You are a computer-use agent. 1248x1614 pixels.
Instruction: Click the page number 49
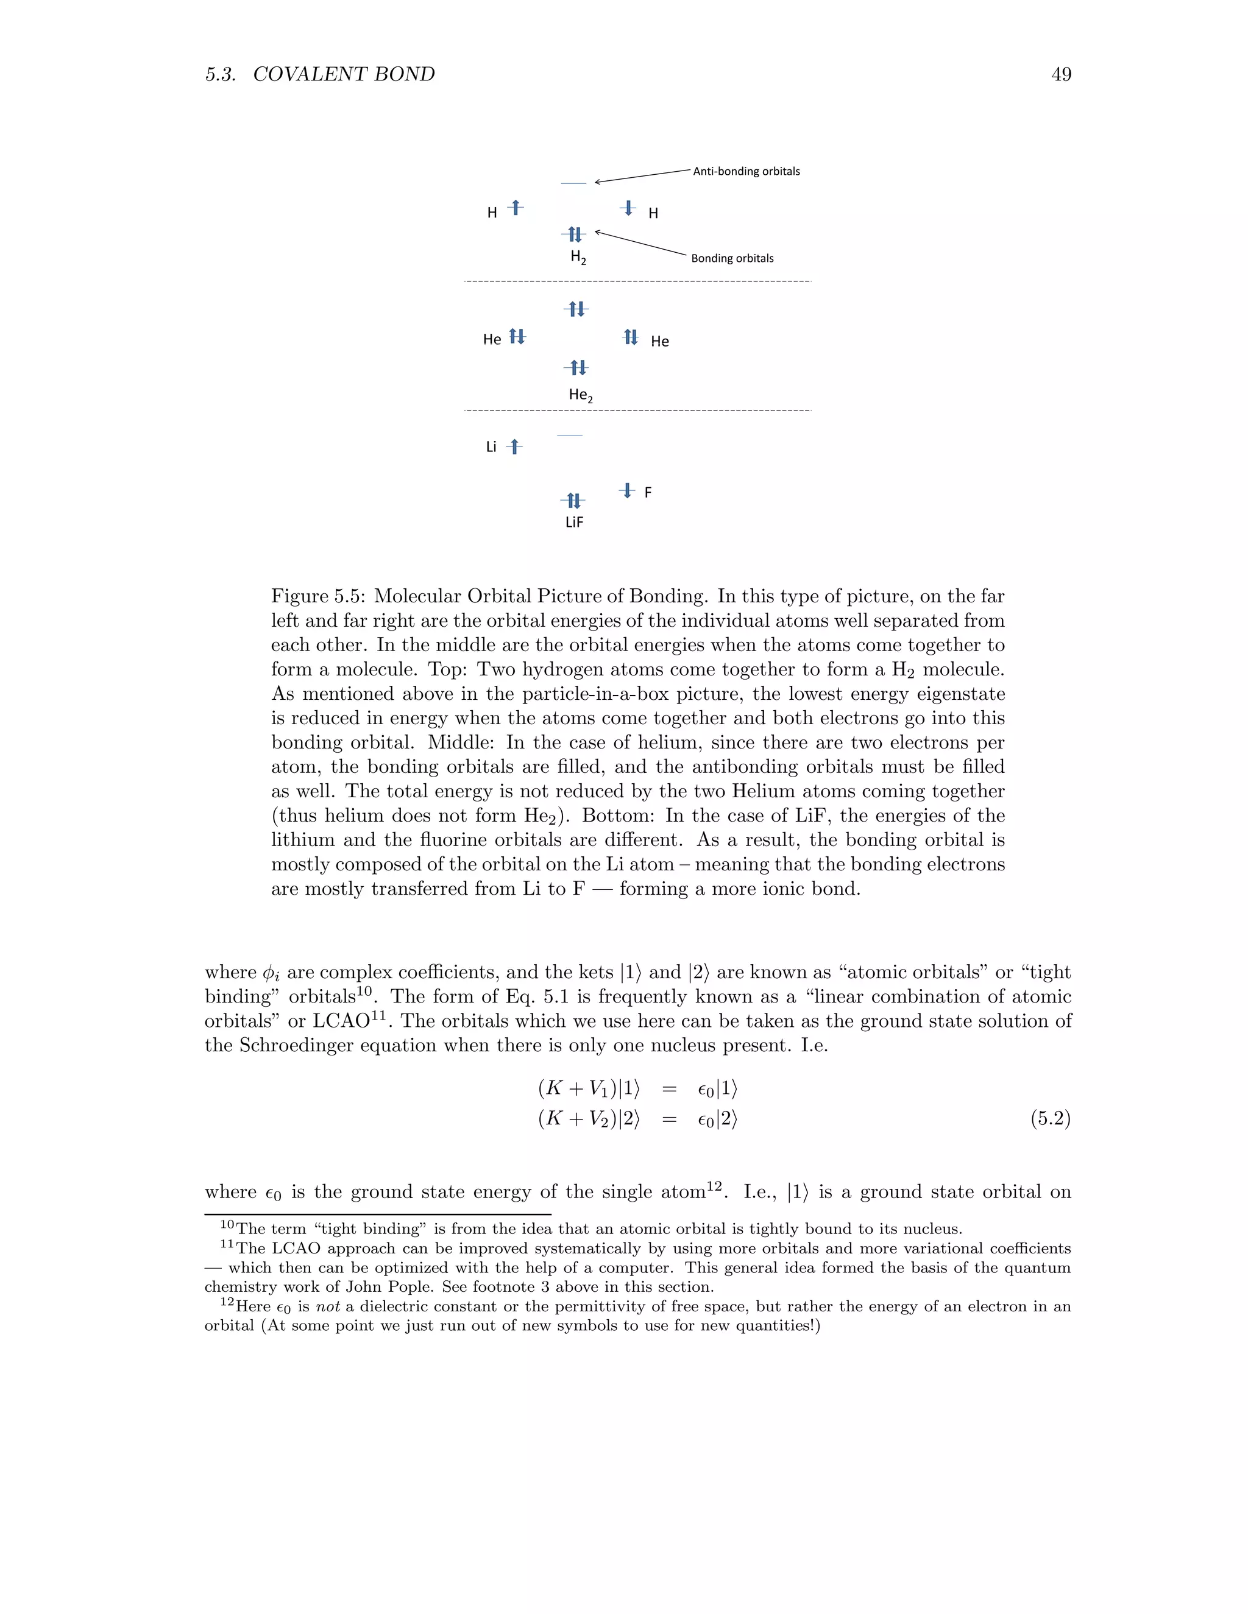tap(1061, 75)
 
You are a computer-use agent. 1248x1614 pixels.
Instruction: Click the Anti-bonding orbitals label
tap(745, 172)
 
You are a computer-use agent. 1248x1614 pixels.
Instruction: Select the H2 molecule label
tap(578, 257)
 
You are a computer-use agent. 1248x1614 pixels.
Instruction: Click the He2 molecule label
tap(580, 395)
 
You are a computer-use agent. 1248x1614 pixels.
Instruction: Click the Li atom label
tap(491, 447)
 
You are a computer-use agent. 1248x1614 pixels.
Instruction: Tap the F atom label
tap(648, 493)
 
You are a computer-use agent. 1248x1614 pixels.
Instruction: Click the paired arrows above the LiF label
tap(573, 501)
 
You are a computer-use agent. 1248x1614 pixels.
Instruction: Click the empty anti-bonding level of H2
tap(573, 183)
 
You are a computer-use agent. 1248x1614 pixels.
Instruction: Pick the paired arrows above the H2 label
tap(575, 235)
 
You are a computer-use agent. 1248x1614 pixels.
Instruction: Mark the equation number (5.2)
tap(1050, 1119)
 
